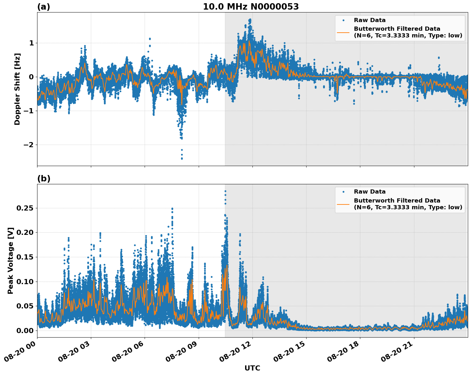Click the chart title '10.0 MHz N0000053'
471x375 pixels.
(251, 7)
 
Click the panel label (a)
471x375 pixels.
(44, 7)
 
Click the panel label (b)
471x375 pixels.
(44, 179)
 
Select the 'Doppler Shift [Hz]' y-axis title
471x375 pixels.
(17, 89)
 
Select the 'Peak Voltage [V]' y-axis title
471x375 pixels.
(11, 261)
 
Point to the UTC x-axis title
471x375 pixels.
(252, 368)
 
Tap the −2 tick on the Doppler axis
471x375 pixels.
(28, 145)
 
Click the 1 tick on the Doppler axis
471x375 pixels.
(31, 43)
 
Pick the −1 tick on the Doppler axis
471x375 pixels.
(28, 111)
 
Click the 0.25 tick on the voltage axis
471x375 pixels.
(25, 208)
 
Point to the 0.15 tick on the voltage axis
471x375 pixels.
(25, 257)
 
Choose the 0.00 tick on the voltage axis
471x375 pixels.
(25, 331)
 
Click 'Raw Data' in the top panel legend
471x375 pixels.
(370, 20)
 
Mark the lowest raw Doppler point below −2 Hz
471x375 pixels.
(182, 158)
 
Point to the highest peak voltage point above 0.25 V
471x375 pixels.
(225, 191)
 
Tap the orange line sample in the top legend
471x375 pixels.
(343, 32)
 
